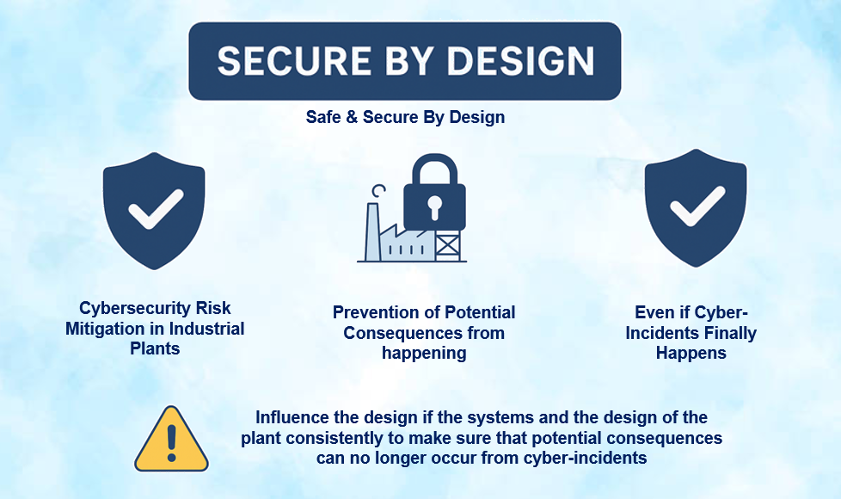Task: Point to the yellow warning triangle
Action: (171, 440)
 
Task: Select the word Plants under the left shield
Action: (156, 348)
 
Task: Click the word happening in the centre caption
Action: (425, 353)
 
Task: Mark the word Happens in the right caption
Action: (691, 353)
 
